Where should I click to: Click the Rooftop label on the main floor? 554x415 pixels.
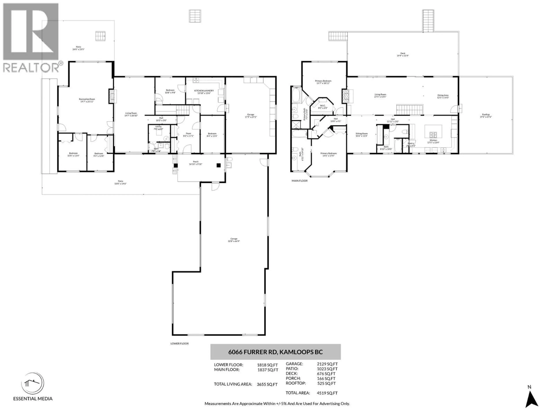click(486, 116)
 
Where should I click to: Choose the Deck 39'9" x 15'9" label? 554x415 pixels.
click(403, 54)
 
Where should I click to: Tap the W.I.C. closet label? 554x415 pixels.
click(323, 107)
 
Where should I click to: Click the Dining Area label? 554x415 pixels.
click(443, 96)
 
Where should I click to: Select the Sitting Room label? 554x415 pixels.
click(361, 135)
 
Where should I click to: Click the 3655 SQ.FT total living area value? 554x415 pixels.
click(267, 384)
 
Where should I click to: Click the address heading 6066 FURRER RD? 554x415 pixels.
click(275, 352)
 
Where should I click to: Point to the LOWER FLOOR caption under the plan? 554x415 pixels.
click(180, 344)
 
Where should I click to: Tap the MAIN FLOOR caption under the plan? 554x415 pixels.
click(300, 181)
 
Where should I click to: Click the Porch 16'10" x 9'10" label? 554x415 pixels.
click(196, 163)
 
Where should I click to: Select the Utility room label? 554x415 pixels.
click(158, 128)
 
